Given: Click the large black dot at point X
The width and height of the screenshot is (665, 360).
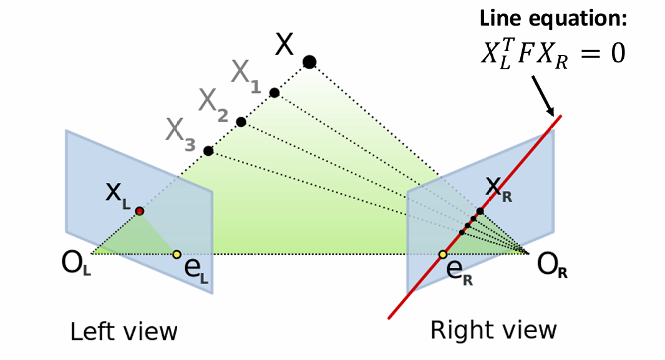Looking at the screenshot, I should point(309,61).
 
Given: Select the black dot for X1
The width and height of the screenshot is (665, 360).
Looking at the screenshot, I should point(274,93).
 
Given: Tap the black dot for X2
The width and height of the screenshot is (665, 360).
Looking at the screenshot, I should point(241,122).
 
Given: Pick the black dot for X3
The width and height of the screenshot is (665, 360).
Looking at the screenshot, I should point(208,151).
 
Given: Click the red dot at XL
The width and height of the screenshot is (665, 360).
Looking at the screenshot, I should point(140,212).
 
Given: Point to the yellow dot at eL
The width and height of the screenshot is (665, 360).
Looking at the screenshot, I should point(177,254).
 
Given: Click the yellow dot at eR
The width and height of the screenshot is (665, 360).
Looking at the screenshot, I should point(443,254).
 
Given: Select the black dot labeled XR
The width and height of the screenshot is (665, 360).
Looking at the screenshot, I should point(480,211).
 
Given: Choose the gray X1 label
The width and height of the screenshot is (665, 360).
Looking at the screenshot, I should point(246,77).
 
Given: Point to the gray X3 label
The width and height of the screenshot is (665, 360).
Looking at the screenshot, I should point(181,133).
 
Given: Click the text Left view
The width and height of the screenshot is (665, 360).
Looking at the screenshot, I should point(124,331).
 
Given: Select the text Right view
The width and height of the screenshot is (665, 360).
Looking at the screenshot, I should point(494,330).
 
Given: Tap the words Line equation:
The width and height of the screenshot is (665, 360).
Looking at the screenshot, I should point(553,19).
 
